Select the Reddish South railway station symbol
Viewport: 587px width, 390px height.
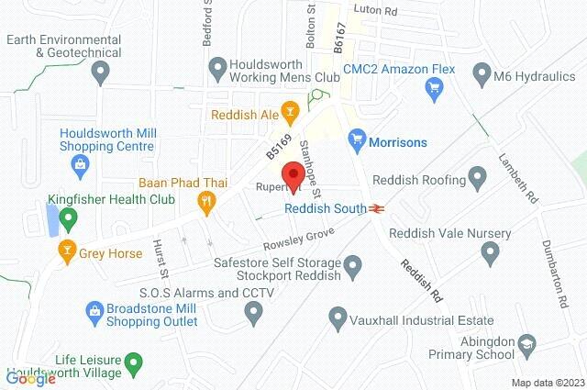[376, 209]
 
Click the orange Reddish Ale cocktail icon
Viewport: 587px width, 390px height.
[290, 114]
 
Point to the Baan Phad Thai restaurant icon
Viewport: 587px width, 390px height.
[208, 200]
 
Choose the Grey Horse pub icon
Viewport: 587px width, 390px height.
[67, 248]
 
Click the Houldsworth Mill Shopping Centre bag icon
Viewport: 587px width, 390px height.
[80, 165]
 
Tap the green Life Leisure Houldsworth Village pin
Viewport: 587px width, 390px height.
[134, 363]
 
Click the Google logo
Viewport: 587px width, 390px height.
[30, 378]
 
